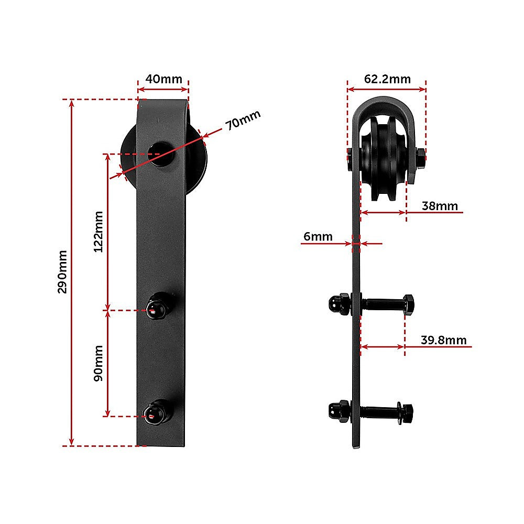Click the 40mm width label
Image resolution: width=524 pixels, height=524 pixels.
point(163,79)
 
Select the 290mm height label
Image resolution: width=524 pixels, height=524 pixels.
point(62,271)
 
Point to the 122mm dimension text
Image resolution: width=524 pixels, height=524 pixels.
point(99,231)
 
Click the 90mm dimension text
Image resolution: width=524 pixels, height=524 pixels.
point(99,363)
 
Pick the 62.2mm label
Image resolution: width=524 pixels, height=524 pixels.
point(387,79)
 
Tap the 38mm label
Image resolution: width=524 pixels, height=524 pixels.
point(440,206)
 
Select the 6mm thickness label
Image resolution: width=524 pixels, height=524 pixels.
point(318,236)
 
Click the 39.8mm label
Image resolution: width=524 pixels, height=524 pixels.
point(443,340)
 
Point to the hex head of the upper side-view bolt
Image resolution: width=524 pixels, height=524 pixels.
point(409,304)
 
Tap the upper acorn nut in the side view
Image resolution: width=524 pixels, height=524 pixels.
point(335,303)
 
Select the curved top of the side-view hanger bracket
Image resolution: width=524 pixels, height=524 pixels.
point(385,103)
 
